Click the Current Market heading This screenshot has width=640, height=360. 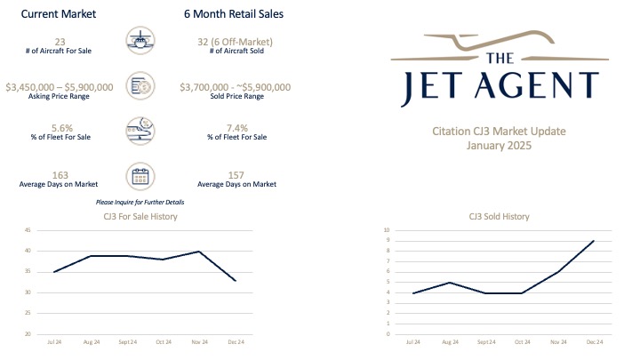(x=60, y=14)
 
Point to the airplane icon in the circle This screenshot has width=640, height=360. (x=142, y=41)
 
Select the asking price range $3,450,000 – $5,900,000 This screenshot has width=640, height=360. (x=60, y=86)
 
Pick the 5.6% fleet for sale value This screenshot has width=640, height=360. (x=60, y=127)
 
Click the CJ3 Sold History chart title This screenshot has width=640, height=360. (x=499, y=216)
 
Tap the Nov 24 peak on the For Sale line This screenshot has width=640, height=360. (x=199, y=252)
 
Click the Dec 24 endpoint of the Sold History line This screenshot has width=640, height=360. (x=593, y=241)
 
